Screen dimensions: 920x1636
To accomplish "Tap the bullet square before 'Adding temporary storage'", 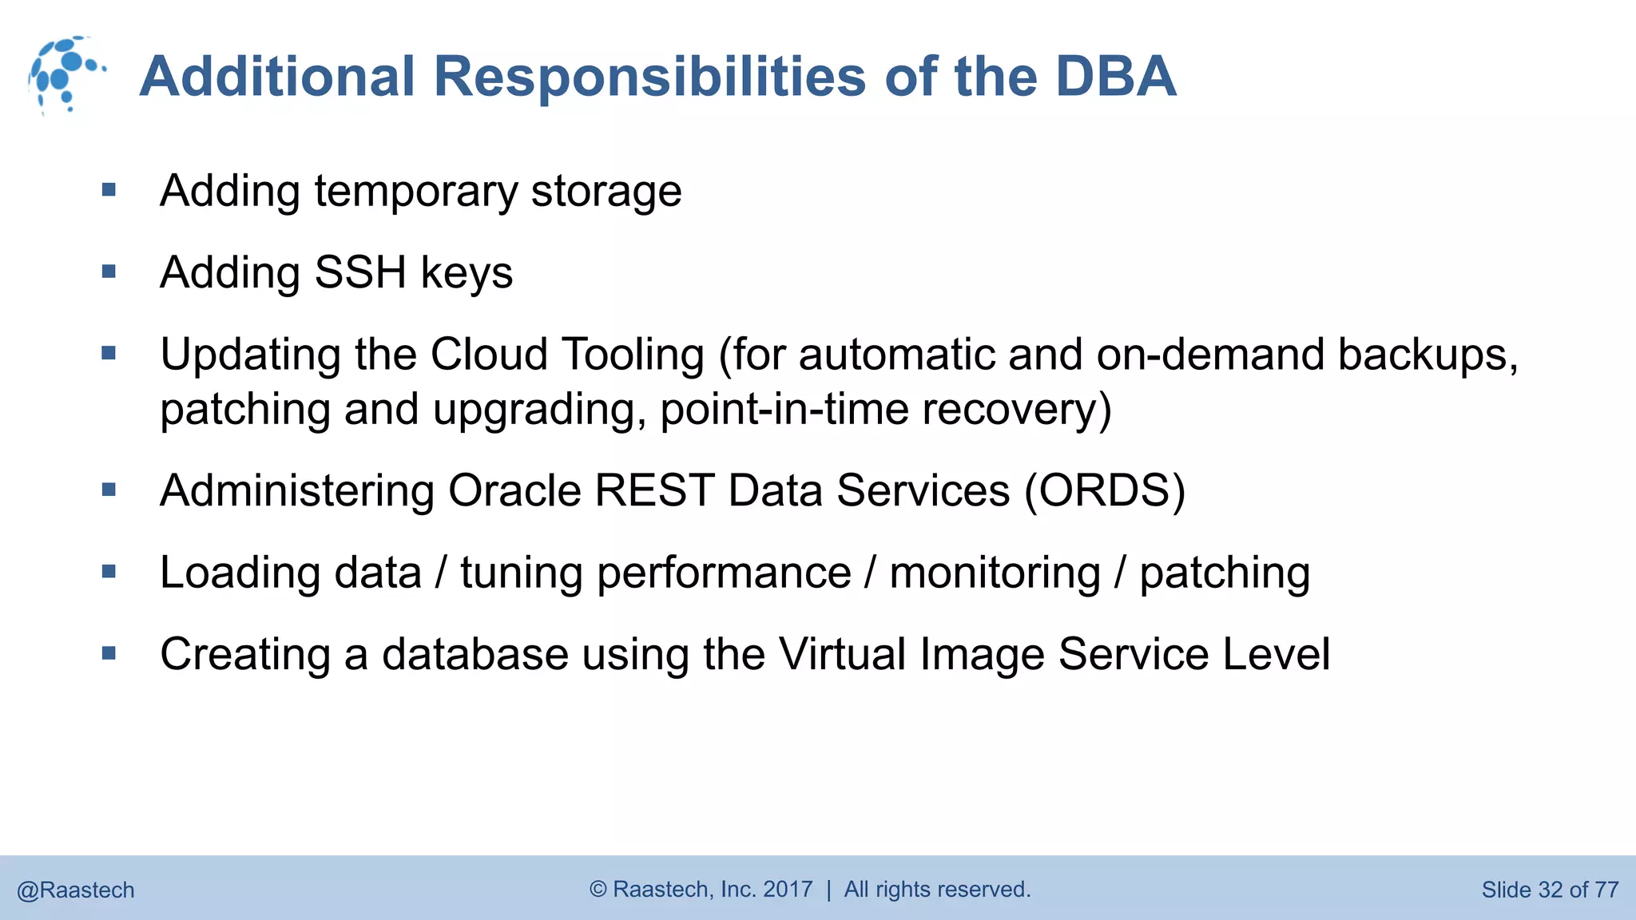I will [x=109, y=190].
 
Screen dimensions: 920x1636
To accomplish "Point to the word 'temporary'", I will [x=416, y=192].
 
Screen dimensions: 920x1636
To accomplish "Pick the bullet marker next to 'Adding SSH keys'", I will [x=109, y=272].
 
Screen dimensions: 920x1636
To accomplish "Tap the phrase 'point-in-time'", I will [x=784, y=409].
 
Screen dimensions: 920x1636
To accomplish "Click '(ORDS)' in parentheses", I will [x=1105, y=490].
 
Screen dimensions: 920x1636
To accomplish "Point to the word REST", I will [x=654, y=490].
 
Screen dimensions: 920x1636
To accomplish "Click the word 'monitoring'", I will [x=995, y=573].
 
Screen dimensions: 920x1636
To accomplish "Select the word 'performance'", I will [x=724, y=573].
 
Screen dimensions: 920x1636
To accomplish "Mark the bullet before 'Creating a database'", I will [x=109, y=654].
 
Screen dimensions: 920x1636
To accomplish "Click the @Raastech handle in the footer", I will [x=76, y=890].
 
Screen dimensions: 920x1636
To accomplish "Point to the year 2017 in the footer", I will [x=788, y=889].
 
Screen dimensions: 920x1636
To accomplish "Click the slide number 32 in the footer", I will [x=1550, y=890].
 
